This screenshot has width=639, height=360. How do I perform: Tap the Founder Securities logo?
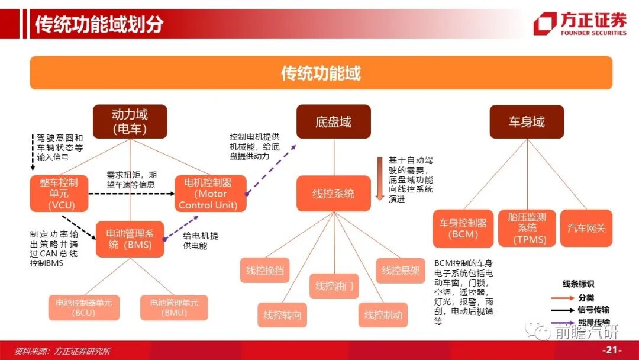click(x=579, y=24)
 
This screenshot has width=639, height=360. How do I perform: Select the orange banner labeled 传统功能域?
click(x=321, y=73)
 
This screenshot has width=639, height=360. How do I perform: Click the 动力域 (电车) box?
click(x=130, y=121)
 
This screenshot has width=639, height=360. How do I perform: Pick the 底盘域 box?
click(x=333, y=122)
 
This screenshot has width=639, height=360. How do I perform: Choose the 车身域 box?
click(x=526, y=122)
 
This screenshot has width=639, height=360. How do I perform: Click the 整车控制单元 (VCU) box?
click(x=59, y=194)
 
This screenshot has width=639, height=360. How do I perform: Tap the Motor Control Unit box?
click(x=211, y=194)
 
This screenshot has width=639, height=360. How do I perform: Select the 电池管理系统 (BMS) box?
click(x=130, y=239)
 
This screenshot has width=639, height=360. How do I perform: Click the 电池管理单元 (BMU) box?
click(x=174, y=307)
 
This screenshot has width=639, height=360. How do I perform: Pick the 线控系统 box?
click(x=333, y=194)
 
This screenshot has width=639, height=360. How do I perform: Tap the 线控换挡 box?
click(x=265, y=271)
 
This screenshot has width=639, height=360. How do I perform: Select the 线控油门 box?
click(x=334, y=286)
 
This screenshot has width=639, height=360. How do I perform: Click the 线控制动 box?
click(x=383, y=315)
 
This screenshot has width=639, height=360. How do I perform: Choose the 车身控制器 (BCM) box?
click(x=463, y=229)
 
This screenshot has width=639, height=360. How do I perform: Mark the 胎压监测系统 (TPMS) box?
click(x=527, y=229)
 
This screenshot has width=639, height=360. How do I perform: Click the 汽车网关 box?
click(x=586, y=229)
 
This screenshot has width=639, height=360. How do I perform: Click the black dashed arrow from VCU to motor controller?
click(x=131, y=193)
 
